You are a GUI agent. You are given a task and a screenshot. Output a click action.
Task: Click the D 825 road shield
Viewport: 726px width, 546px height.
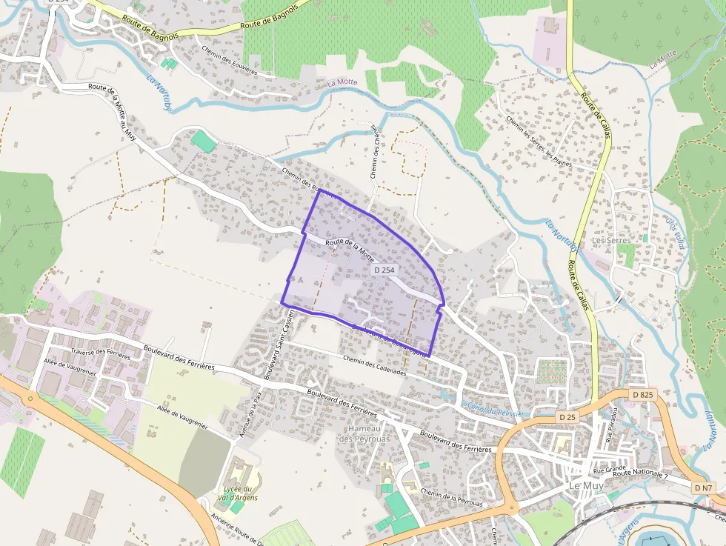click(x=642, y=395)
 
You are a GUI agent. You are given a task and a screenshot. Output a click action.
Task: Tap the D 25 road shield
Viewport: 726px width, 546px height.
click(x=567, y=417)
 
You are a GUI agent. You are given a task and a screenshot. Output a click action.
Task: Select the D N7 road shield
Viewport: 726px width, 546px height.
click(x=704, y=487)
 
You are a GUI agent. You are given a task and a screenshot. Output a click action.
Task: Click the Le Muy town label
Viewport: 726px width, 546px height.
click(x=585, y=485)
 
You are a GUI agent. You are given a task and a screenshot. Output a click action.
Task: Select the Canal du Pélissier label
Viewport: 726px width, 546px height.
click(x=496, y=408)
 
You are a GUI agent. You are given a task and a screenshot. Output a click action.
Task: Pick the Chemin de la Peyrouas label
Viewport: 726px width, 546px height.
click(x=451, y=497)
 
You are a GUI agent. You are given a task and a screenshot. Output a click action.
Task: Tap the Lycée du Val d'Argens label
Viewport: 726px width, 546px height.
click(x=239, y=493)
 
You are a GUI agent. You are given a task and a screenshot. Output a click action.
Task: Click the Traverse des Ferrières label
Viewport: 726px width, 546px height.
click(x=100, y=353)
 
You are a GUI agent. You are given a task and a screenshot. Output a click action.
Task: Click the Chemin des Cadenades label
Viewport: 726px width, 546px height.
click(x=375, y=365)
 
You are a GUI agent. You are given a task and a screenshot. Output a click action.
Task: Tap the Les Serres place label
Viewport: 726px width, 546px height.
click(x=611, y=241)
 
